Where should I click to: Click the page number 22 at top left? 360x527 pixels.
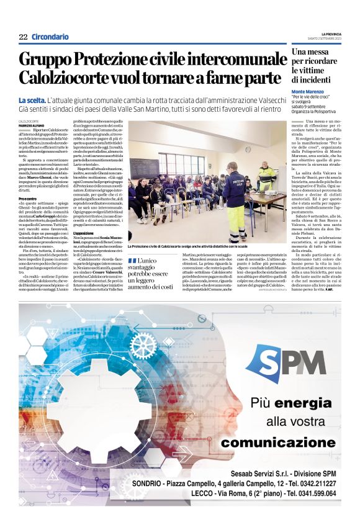pyautogui.click(x=23, y=37)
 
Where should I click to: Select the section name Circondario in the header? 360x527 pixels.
pyautogui.click(x=50, y=37)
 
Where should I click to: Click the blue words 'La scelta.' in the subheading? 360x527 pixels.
pyautogui.click(x=32, y=101)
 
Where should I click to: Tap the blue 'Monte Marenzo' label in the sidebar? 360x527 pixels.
pyautogui.click(x=310, y=91)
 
